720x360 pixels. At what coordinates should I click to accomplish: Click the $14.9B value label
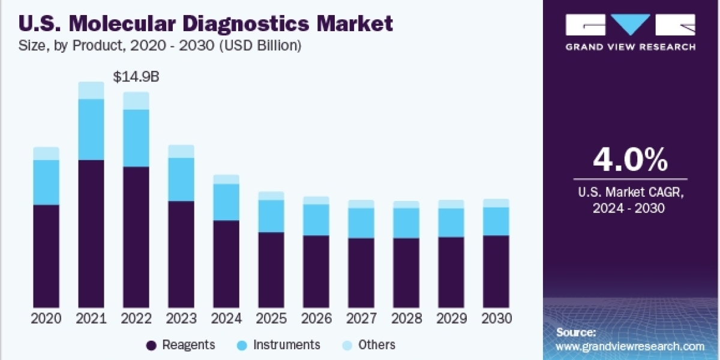[x=137, y=77]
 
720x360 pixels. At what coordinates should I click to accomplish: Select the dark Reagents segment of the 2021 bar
[x=91, y=234]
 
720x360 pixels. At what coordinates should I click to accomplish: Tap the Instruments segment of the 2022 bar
[x=136, y=138]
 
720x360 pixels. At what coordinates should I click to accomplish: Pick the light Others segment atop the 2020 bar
[x=46, y=154]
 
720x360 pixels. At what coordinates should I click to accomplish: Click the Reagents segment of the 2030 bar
[x=496, y=271]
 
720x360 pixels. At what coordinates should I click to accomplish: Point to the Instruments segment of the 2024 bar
[x=226, y=202]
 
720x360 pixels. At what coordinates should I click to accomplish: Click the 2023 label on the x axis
[x=181, y=319]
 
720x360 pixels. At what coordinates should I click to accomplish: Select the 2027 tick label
[x=361, y=319]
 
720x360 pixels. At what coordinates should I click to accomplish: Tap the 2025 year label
[x=271, y=319]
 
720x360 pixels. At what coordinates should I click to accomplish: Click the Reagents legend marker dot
[x=151, y=345]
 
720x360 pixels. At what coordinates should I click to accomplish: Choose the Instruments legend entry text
[x=287, y=345]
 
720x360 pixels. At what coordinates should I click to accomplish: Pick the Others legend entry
[x=377, y=345]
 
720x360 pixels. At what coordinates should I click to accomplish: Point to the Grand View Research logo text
[x=631, y=46]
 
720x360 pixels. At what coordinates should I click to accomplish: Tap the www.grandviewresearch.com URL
[x=630, y=346]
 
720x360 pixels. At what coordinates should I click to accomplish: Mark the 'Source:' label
[x=576, y=332]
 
